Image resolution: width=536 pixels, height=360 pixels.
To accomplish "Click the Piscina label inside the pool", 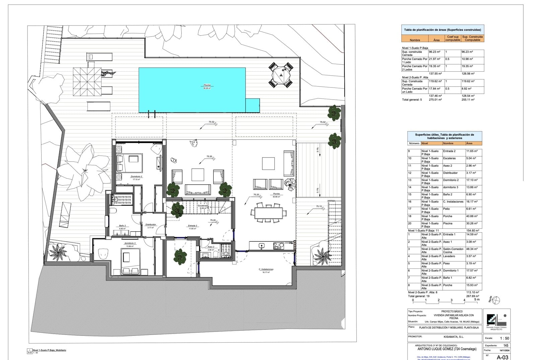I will (x=207, y=85).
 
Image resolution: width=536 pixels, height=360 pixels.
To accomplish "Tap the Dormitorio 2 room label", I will (x=137, y=176).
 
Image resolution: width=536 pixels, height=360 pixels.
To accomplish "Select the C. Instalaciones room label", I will (x=266, y=269).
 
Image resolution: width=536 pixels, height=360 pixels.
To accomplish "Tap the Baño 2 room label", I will (x=123, y=226).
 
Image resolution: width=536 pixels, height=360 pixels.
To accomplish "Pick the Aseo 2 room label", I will (x=211, y=247).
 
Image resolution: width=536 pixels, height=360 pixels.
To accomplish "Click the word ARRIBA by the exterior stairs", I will (x=331, y=201).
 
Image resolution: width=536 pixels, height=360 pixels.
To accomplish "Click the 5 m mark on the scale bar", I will (x=477, y=300).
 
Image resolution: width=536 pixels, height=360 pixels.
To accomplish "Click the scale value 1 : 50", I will (x=505, y=338).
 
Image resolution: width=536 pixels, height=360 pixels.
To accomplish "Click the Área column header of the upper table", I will (x=436, y=40).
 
